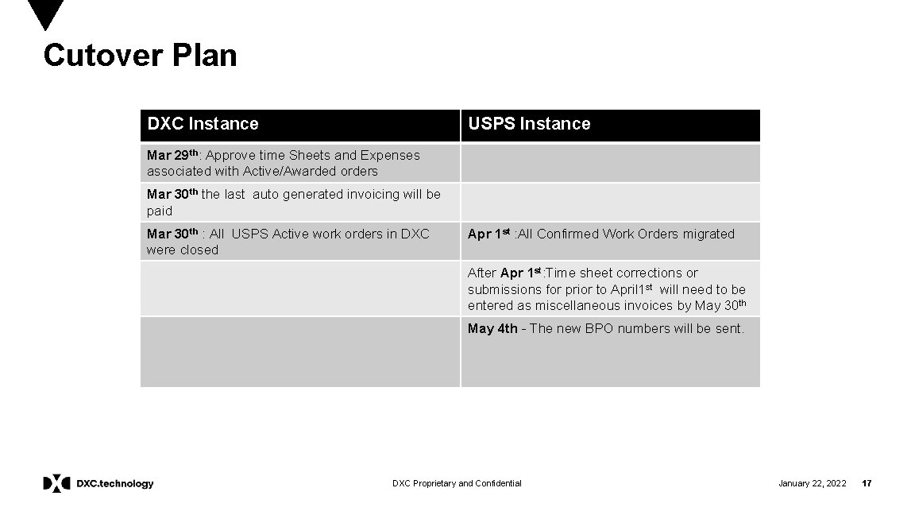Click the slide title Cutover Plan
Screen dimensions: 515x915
point(140,56)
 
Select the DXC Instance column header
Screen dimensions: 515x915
point(203,124)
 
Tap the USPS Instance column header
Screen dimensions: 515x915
point(529,124)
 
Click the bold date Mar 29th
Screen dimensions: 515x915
point(172,154)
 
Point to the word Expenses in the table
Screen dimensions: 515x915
point(390,155)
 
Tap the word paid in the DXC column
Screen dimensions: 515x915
point(159,211)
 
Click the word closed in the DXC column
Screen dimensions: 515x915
point(199,250)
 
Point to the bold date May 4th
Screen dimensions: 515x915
point(492,328)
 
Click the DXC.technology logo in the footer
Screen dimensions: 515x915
point(98,483)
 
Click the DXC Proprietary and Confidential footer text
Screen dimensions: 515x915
point(457,483)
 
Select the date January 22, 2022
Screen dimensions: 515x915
point(812,483)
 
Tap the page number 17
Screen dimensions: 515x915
point(867,483)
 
